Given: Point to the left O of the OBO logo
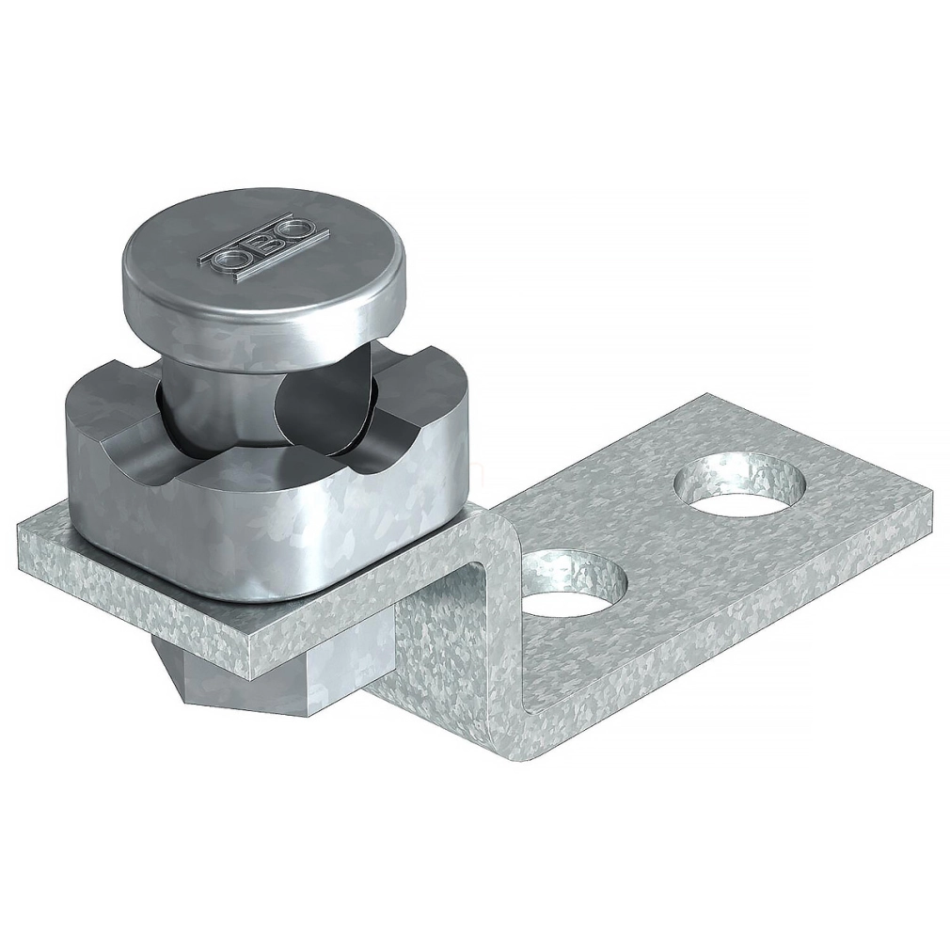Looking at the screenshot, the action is [232, 261].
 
